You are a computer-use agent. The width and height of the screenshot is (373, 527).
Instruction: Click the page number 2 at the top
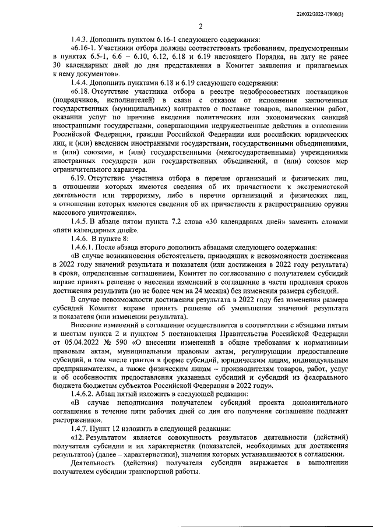tap(200, 26)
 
